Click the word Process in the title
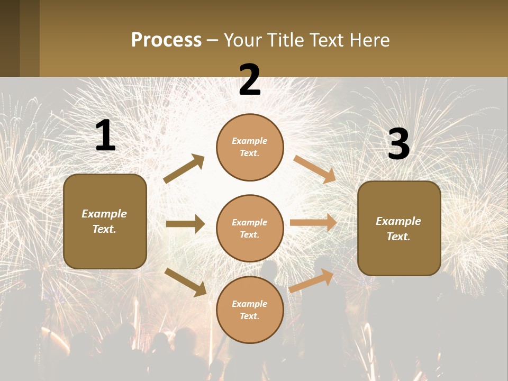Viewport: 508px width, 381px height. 166,40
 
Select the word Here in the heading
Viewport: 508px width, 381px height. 370,40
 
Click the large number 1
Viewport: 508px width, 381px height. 105,136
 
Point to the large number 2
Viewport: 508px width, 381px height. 250,80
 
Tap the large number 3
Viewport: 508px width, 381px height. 398,144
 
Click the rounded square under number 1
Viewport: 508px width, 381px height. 105,221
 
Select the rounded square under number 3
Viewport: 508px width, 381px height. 399,228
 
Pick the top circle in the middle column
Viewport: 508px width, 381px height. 250,147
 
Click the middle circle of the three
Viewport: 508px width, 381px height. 250,228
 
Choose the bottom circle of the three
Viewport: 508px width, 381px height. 250,310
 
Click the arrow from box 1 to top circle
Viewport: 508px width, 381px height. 184,169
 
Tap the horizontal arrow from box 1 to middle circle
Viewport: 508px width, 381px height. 185,224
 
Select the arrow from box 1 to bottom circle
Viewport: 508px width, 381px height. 185,282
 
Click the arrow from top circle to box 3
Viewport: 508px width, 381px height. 314,169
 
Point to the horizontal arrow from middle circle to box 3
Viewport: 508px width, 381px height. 313,223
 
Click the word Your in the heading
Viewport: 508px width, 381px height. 242,40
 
